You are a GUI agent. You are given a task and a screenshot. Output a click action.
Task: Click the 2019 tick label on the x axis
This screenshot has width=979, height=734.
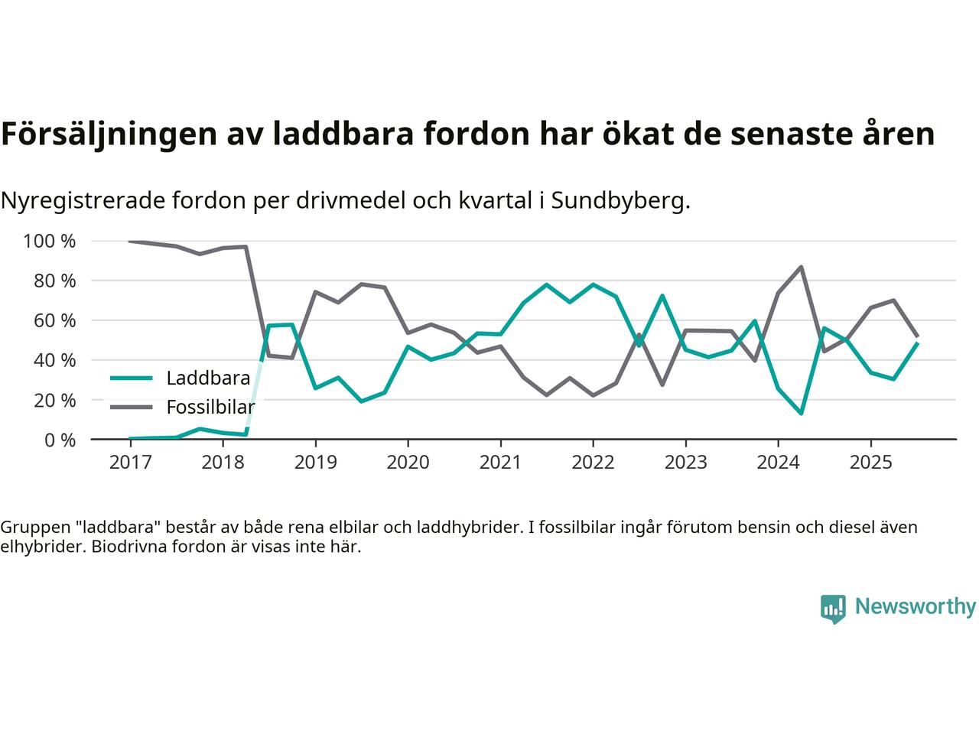tap(315, 463)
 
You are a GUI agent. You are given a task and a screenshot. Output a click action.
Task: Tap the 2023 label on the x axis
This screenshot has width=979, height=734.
tap(685, 463)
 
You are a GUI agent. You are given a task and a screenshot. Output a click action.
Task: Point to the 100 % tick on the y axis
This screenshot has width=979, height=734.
tap(50, 242)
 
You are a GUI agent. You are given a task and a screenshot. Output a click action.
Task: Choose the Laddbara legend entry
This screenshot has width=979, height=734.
tap(207, 378)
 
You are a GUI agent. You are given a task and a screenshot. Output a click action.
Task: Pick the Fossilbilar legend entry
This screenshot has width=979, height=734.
tap(210, 407)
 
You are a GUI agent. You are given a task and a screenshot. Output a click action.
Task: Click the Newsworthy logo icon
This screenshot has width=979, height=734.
tap(833, 609)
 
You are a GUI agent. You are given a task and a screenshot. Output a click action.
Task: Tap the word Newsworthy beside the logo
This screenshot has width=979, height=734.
tap(915, 607)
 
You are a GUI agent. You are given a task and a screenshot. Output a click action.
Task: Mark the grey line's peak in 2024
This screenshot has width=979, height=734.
tap(801, 267)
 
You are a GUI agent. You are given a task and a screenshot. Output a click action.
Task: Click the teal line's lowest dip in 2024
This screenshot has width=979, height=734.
tap(801, 413)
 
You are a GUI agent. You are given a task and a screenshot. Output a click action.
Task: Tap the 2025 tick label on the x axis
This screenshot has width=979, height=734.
tap(870, 463)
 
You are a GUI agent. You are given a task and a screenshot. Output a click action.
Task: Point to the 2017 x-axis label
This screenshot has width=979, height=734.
tap(130, 463)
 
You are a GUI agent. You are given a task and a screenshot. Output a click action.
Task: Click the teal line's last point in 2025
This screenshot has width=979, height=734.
tap(917, 343)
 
